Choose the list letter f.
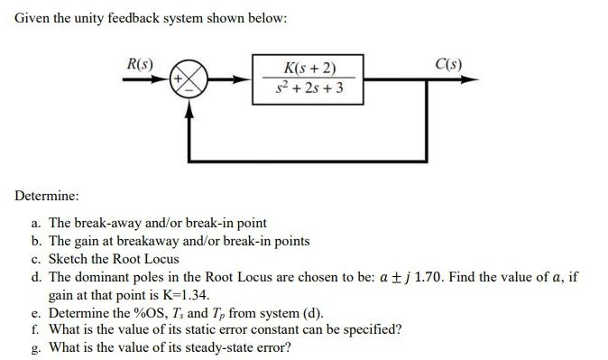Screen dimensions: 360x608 33,330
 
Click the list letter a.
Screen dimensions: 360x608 34,223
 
